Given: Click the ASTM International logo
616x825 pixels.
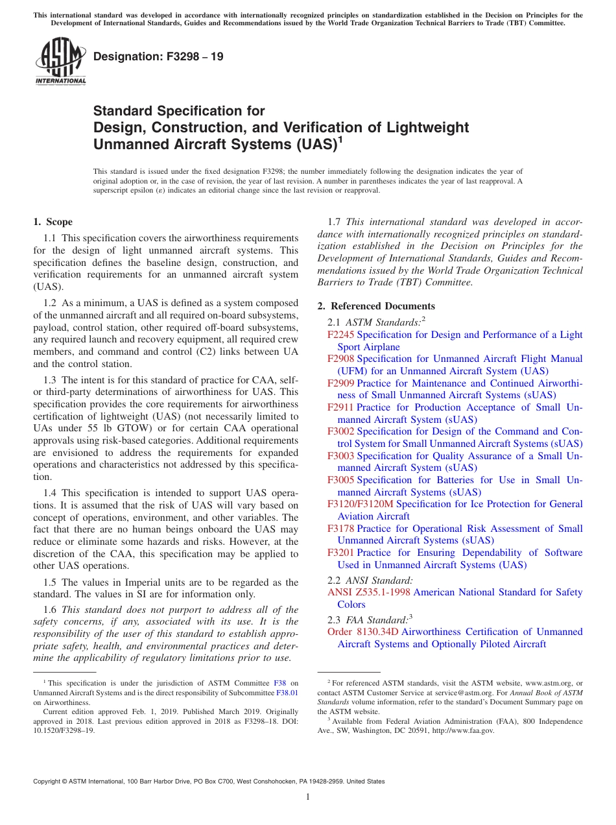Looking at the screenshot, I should coord(60,62).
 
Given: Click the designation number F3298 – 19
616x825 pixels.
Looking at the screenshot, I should coord(158,56).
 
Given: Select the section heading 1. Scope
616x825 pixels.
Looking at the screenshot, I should coord(53,222).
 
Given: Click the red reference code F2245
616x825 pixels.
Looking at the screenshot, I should coord(341,335).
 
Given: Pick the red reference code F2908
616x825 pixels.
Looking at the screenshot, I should coord(341,359).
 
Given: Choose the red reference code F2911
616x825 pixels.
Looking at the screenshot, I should coord(341,407).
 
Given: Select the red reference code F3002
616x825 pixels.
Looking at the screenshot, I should coord(341,431).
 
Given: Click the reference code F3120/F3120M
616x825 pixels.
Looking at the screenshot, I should coord(361,504).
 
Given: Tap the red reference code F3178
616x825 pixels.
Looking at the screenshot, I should coord(341,529).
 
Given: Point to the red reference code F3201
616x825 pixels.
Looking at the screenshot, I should coord(341,553).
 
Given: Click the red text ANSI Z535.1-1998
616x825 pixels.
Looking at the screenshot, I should coord(369,592).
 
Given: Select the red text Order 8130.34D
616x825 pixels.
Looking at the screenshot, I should coord(363,632).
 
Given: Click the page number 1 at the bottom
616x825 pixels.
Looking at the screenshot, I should coord(308,797).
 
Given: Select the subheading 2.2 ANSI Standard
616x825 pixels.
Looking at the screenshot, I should coord(370,580).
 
